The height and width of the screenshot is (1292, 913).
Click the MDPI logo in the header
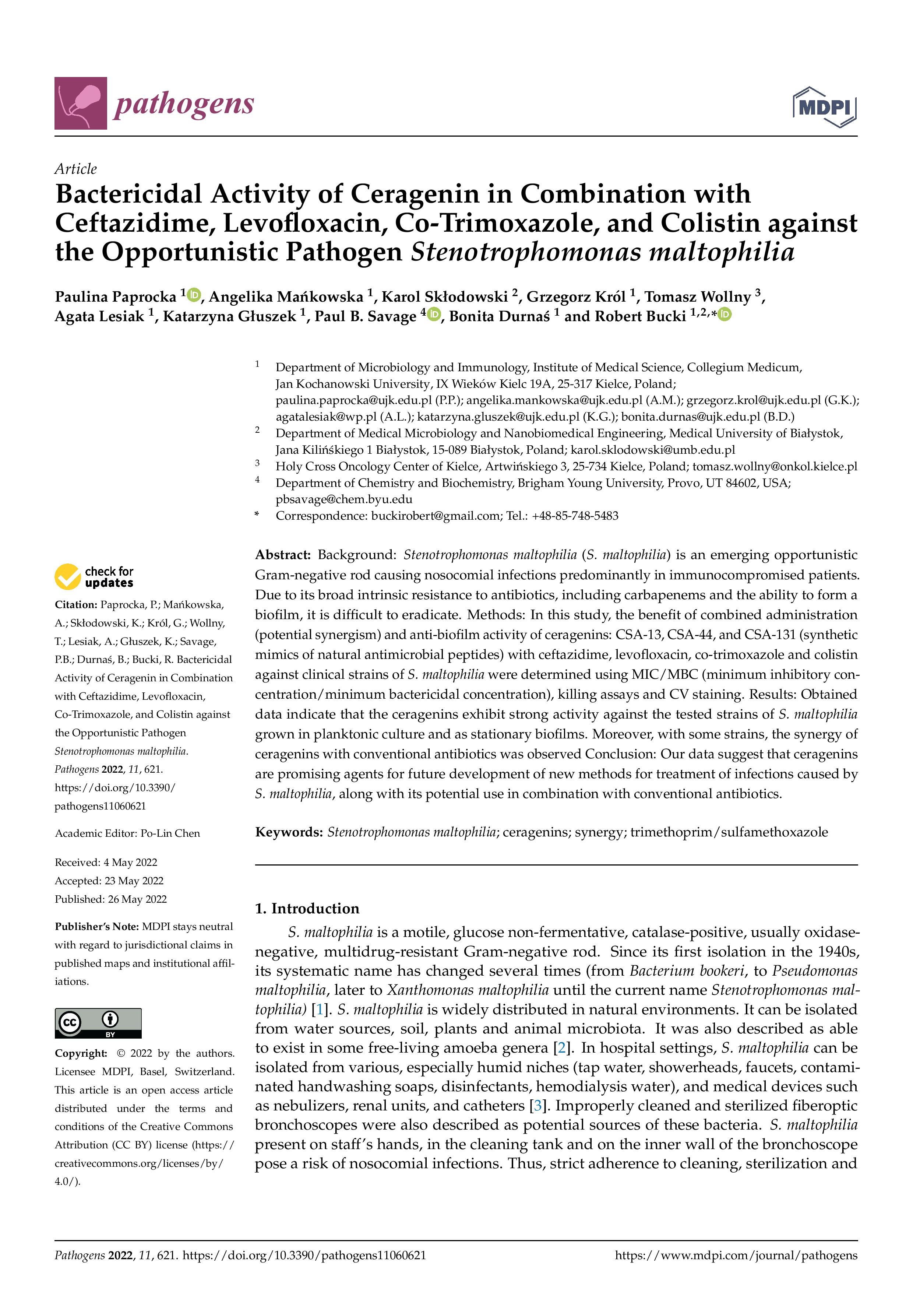824,107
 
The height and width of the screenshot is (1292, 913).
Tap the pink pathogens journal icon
81,103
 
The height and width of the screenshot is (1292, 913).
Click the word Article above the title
75,169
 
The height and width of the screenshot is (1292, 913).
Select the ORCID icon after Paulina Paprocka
194,294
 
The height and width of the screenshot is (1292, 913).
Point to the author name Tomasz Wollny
698,296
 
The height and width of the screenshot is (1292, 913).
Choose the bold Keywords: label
289,832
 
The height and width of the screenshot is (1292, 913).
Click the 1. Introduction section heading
307,908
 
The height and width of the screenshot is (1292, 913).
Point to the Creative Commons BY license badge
98,1023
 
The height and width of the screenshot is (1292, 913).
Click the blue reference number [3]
538,1105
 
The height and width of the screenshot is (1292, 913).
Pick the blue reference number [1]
320,1009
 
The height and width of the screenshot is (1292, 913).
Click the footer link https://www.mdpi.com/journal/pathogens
736,1255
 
